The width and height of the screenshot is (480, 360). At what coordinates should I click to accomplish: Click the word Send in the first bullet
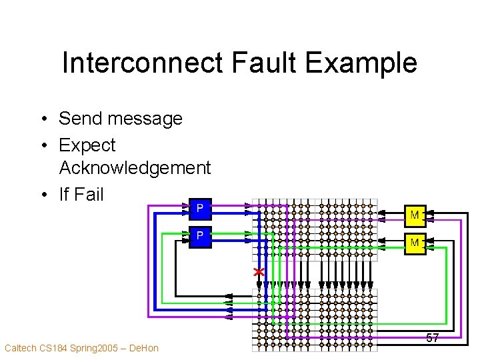[x=81, y=119]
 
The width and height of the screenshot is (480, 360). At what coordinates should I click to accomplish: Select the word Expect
[x=87, y=145]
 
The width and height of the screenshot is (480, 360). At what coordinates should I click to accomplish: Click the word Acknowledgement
[x=135, y=168]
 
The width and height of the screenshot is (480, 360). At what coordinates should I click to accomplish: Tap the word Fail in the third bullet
[x=89, y=194]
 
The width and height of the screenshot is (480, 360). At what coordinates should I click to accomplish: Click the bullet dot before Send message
[x=42, y=119]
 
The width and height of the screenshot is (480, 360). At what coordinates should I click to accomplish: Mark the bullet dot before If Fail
[x=42, y=195]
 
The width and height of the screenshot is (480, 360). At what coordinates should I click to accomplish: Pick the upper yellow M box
[x=415, y=215]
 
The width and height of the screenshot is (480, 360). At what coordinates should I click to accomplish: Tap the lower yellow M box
[x=415, y=243]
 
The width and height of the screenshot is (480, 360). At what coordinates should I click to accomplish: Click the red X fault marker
[x=259, y=272]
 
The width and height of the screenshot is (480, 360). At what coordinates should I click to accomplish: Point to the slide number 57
[x=433, y=338]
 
